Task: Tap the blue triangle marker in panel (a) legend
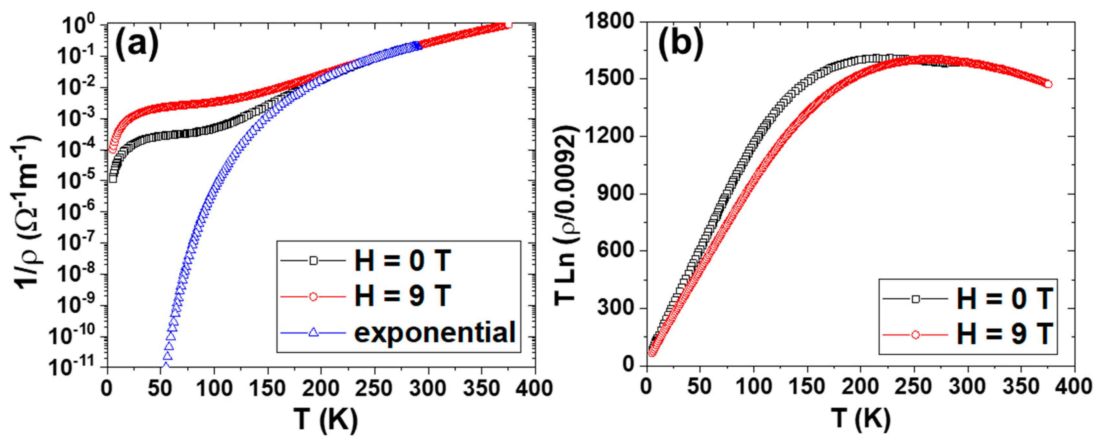point(313,332)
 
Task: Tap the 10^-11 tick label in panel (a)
point(77,368)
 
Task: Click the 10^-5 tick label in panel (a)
point(79,182)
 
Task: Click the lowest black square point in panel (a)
point(113,179)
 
